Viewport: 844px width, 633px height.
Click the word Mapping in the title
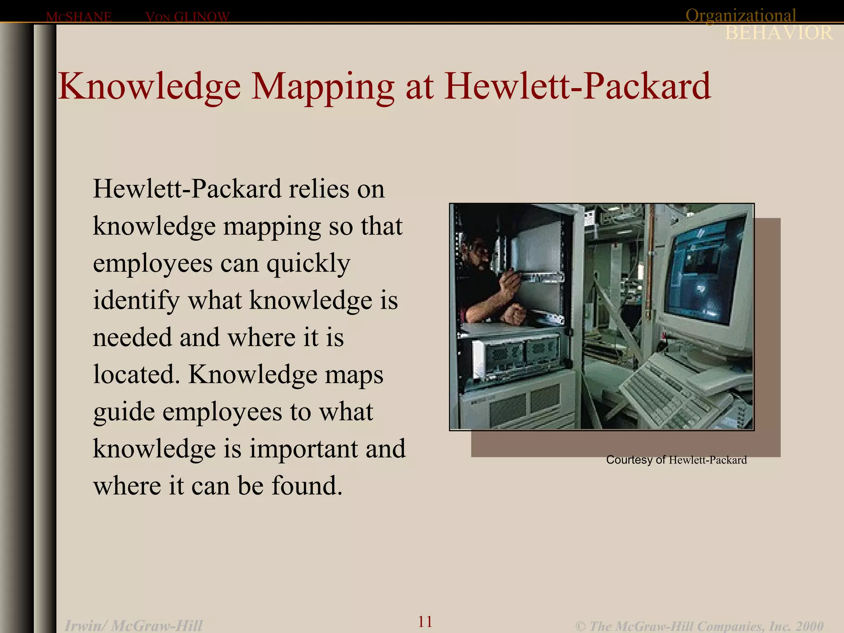[323, 87]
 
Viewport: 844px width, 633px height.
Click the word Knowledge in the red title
[149, 87]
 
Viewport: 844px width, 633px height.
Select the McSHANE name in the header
[79, 17]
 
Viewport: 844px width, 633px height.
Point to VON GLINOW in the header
[188, 17]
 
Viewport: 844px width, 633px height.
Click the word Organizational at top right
[741, 16]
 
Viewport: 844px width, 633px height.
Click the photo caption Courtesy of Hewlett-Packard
[676, 460]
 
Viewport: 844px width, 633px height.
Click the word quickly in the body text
[308, 264]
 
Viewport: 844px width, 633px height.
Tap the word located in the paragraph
[136, 375]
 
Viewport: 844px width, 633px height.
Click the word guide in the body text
[124, 413]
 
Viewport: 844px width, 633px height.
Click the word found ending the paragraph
[306, 486]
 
